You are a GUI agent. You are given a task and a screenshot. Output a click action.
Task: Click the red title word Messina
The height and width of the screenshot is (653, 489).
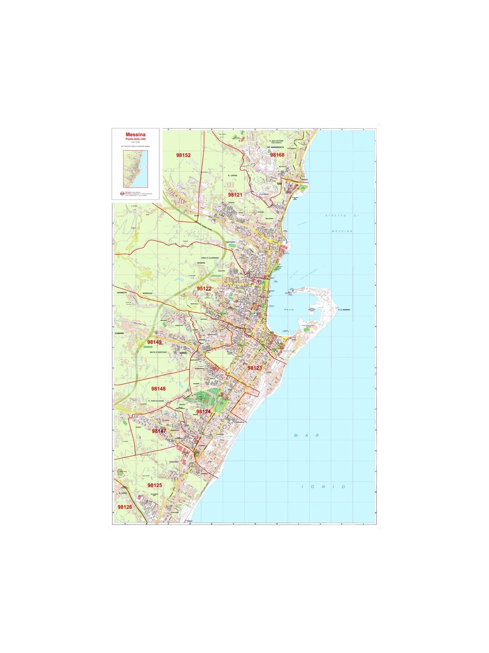click(x=136, y=134)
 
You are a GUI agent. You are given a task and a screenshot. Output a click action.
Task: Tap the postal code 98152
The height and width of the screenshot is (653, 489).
click(x=183, y=155)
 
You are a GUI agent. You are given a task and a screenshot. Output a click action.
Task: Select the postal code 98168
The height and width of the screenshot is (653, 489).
click(x=277, y=155)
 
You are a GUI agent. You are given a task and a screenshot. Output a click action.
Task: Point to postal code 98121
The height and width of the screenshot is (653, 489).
click(x=235, y=195)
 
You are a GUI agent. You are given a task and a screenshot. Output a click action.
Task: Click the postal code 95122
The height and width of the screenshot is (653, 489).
click(x=204, y=289)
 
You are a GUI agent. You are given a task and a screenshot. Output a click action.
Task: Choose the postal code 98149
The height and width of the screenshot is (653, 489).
click(x=154, y=342)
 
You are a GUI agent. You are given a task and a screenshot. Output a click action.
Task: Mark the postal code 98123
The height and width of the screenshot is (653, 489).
click(x=255, y=368)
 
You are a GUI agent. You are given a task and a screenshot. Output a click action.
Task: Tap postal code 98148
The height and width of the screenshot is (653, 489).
click(x=159, y=389)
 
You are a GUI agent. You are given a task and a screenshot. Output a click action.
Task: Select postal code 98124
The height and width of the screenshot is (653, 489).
click(x=203, y=412)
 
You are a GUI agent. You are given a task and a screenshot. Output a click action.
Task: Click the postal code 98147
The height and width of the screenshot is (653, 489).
click(x=159, y=431)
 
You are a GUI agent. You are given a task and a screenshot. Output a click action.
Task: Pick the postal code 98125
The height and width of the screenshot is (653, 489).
click(x=155, y=485)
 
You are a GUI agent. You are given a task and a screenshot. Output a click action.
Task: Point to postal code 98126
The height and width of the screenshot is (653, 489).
click(x=125, y=507)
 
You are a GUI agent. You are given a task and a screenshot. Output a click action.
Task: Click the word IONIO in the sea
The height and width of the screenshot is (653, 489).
click(x=324, y=487)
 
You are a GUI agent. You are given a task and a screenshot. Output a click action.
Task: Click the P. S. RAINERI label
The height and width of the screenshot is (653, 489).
click(x=344, y=310)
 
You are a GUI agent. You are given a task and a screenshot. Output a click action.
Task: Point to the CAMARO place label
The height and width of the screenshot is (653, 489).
click(x=119, y=333)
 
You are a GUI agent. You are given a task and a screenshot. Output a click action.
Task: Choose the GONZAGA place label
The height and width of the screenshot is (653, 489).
click(x=147, y=293)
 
